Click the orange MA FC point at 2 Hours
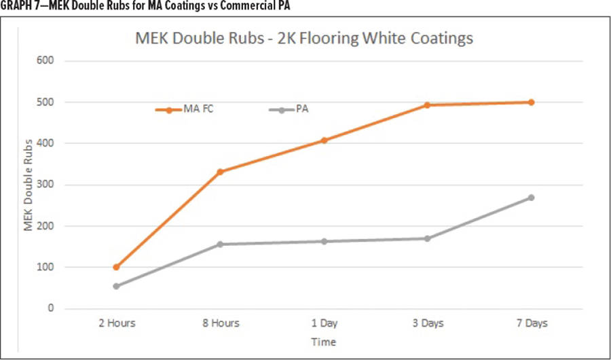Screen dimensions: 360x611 pos(117,267)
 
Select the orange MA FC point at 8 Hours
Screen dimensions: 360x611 pos(221,172)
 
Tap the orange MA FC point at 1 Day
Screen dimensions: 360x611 pos(324,141)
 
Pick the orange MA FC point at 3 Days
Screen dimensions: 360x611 pos(428,105)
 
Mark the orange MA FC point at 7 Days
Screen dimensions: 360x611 pos(531,102)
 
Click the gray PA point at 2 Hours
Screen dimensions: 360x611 pos(117,286)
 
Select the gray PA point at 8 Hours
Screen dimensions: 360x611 pos(221,245)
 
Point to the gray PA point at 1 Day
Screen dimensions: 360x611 pos(324,241)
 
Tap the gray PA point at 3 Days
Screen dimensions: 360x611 pos(428,238)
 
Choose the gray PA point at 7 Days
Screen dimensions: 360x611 pos(531,198)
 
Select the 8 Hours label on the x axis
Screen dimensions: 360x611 pos(221,324)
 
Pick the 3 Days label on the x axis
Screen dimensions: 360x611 pos(428,324)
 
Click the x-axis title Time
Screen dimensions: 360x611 pos(324,342)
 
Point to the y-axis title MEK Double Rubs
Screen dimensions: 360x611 pos(29,185)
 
